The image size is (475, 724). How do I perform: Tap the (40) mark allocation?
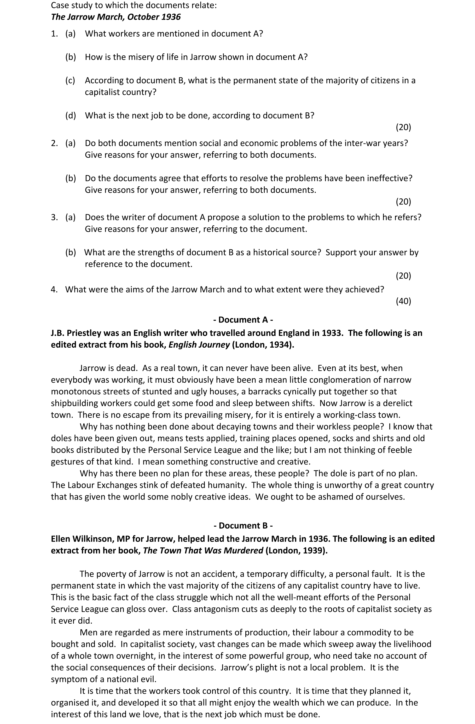[x=403, y=301]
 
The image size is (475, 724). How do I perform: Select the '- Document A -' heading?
[x=243, y=320]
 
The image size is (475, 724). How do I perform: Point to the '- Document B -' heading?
[x=243, y=526]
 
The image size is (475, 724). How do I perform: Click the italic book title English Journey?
[x=199, y=345]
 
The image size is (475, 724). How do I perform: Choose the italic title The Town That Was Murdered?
[x=203, y=551]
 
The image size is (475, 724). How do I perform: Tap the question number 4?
[x=54, y=290]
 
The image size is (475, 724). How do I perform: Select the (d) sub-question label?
[x=71, y=116]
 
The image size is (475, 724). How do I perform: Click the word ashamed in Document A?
[x=332, y=497]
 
